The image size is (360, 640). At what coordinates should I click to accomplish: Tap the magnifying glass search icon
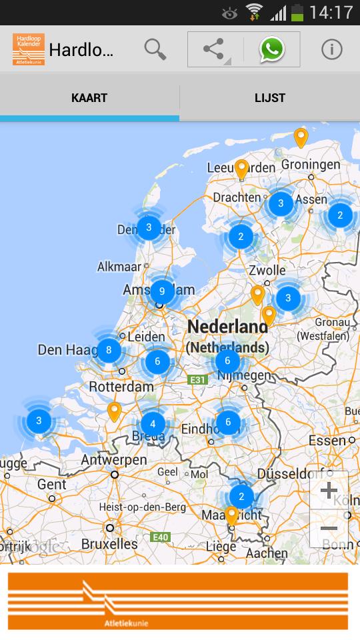(155, 49)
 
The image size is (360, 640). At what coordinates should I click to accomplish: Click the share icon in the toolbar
(213, 49)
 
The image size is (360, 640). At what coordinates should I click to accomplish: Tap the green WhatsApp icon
(272, 49)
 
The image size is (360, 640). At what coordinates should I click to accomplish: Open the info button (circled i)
(331, 49)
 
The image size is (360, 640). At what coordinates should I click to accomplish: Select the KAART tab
(89, 98)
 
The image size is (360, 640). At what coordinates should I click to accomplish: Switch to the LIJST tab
(270, 98)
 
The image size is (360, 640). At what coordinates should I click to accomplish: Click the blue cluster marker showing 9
(162, 291)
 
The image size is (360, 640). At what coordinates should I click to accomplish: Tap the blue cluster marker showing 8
(109, 349)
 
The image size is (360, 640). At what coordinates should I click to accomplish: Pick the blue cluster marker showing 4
(153, 423)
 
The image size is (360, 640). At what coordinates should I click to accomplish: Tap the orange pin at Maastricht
(231, 515)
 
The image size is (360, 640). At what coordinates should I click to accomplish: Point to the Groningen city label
(311, 164)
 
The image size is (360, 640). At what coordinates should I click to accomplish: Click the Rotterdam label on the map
(121, 386)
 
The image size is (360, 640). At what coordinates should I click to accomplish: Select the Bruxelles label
(110, 543)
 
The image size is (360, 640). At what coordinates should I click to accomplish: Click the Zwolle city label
(267, 271)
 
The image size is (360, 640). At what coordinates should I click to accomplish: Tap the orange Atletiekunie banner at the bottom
(178, 601)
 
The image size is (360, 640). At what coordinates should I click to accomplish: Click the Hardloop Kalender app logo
(28, 49)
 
